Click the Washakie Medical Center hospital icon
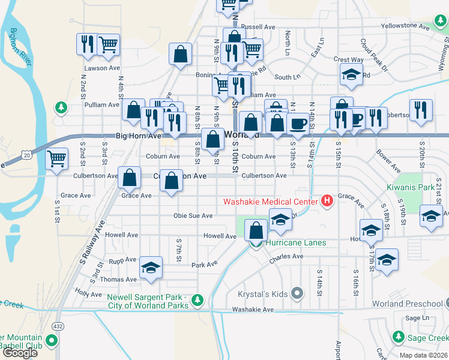click(x=327, y=201)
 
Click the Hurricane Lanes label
click(x=297, y=242)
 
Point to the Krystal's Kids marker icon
click(x=297, y=293)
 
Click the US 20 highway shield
click(x=26, y=155)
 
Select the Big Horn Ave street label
click(x=138, y=136)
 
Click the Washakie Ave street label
click(x=253, y=310)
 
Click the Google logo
click(x=20, y=352)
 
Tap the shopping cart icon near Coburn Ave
click(x=57, y=159)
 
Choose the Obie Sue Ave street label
click(x=193, y=215)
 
